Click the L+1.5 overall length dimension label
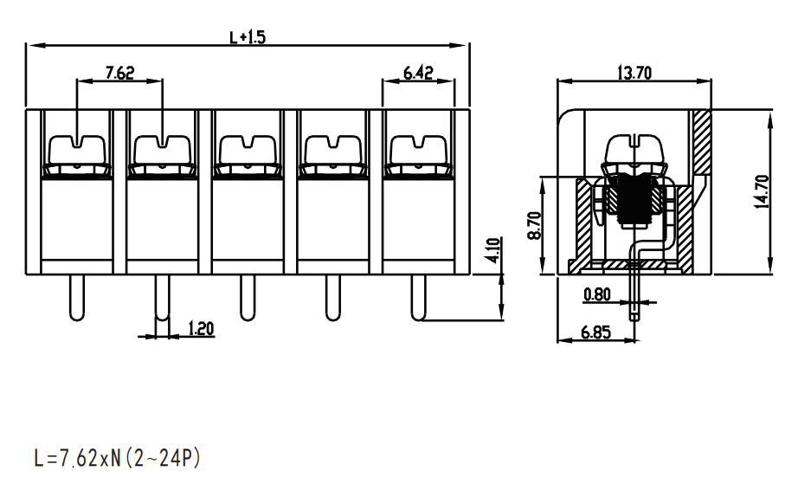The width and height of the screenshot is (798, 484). click(248, 37)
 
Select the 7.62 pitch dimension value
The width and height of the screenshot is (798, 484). click(119, 73)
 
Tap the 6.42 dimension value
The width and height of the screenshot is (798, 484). click(418, 73)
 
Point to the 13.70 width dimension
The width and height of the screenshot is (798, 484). click(634, 74)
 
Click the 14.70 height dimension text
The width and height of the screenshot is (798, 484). click(762, 191)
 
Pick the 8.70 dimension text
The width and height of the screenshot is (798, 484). click(535, 226)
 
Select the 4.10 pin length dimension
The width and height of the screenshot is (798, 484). click(493, 250)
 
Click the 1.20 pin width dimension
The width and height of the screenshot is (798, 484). click(201, 328)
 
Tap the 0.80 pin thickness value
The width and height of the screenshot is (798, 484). click(597, 294)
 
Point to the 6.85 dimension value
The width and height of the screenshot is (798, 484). click(595, 332)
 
